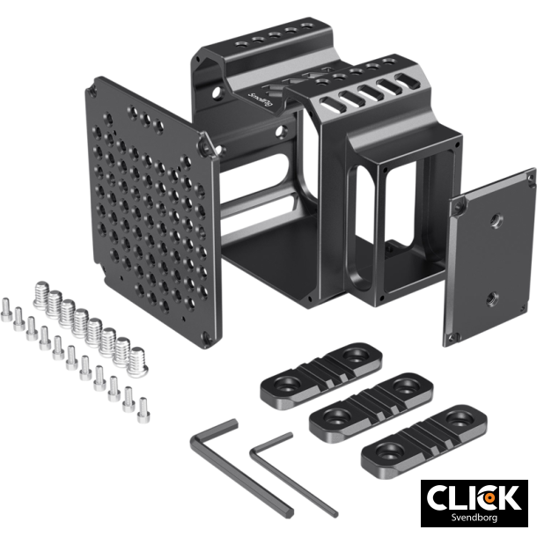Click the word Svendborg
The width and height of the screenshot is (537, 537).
tap(472, 517)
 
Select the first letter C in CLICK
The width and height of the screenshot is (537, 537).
tap(439, 497)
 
